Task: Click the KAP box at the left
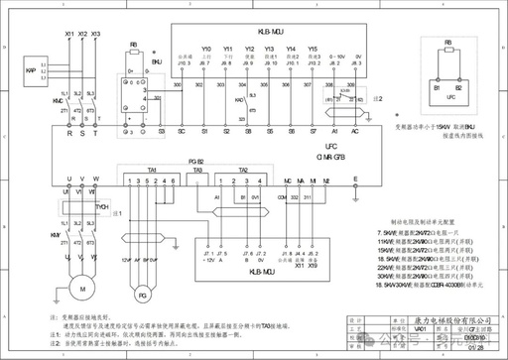tap(32, 71)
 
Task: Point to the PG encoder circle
tap(142, 295)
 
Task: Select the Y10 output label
tap(205, 49)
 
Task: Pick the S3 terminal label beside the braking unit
tap(162, 130)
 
